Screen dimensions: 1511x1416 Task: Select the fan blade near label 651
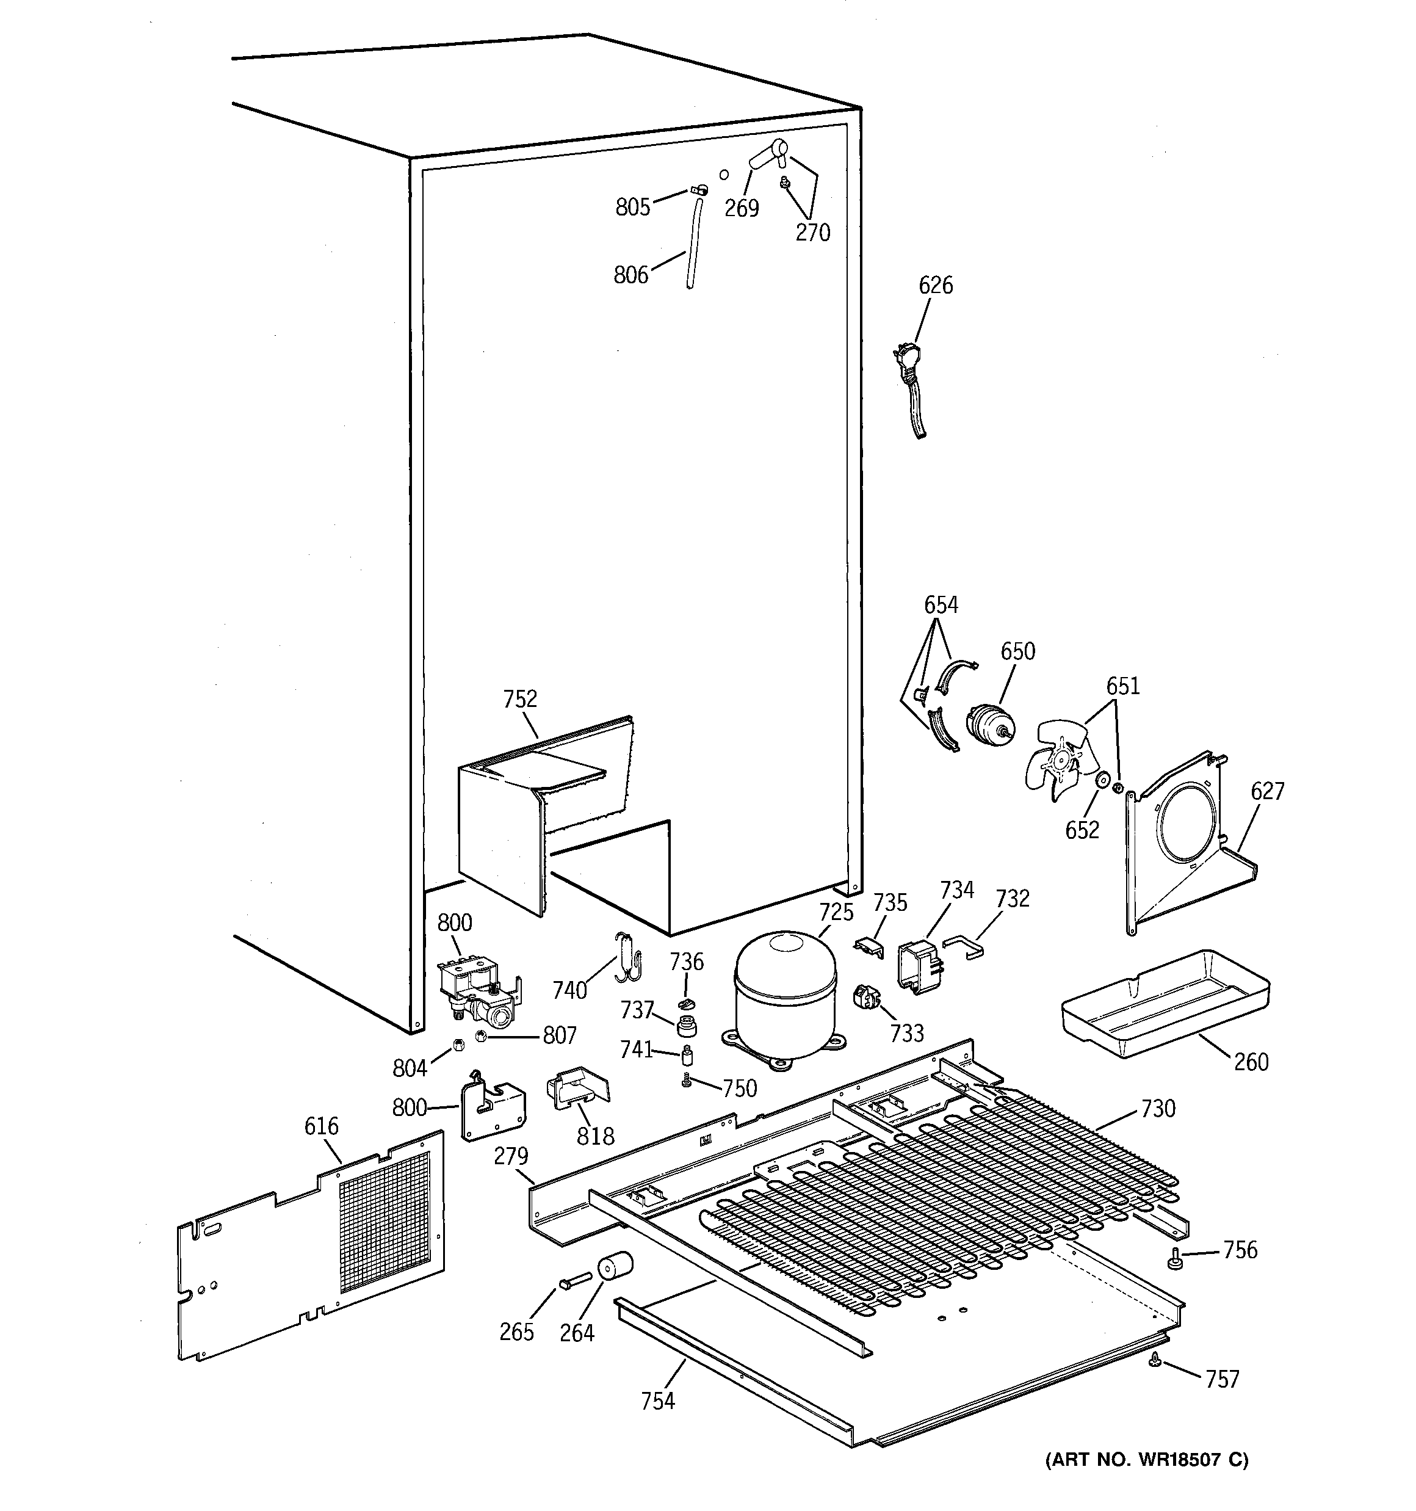(x=1057, y=763)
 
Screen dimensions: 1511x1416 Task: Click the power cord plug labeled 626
(x=907, y=357)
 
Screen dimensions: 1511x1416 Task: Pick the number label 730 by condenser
(x=1158, y=1109)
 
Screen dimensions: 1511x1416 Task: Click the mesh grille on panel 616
(x=384, y=1220)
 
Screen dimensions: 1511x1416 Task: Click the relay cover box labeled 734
(x=920, y=966)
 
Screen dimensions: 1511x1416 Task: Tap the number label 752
(x=520, y=698)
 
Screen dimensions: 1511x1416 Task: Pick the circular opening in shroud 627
(x=1190, y=824)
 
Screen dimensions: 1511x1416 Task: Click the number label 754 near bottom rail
(x=657, y=1399)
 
